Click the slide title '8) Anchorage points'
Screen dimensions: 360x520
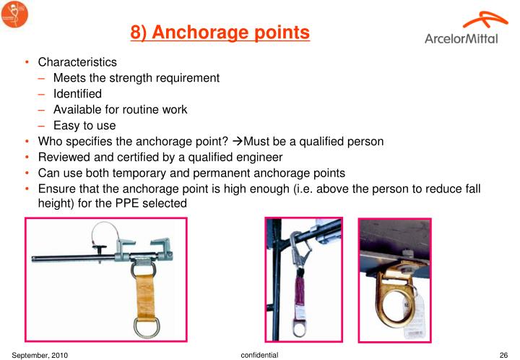220,33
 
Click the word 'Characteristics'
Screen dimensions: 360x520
77,63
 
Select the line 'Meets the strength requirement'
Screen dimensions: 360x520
136,78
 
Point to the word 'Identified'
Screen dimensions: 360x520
77,94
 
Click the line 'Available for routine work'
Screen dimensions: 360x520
120,110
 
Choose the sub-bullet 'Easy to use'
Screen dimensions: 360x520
84,126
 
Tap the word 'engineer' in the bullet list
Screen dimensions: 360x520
260,158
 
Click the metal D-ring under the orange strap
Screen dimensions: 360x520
142,321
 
